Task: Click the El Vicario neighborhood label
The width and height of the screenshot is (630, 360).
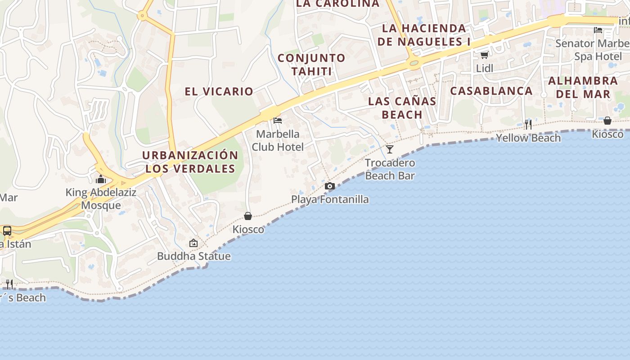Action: point(219,91)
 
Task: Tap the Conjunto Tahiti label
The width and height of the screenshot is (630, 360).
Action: point(311,64)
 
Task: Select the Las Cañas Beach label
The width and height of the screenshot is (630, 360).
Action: point(402,108)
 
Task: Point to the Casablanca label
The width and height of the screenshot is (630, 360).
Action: point(491,91)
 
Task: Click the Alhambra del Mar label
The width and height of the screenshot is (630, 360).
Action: point(583,87)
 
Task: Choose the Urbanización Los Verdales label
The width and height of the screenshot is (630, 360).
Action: point(190,162)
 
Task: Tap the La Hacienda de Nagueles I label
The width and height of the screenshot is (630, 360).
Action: point(424,35)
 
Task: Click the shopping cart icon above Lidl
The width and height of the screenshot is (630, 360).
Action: point(484,55)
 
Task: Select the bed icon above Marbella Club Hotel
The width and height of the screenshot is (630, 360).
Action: point(278,121)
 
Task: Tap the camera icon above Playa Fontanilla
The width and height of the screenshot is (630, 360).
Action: point(330,186)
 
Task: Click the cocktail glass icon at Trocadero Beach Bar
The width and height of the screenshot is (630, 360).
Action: point(390,149)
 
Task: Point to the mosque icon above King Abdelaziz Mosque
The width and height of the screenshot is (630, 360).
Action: point(100,180)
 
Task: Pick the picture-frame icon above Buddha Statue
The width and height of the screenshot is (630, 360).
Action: point(193,243)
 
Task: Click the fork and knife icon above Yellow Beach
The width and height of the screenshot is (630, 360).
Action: point(528,124)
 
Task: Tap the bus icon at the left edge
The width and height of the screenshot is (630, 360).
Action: point(7,231)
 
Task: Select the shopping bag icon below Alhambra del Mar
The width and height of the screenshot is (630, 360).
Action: point(607,121)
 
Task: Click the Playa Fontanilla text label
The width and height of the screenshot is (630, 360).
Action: point(330,199)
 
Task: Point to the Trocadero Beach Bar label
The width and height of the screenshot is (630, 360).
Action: point(390,169)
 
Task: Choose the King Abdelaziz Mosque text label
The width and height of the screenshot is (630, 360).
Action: point(101,199)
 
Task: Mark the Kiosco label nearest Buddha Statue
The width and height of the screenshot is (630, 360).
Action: point(248,229)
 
